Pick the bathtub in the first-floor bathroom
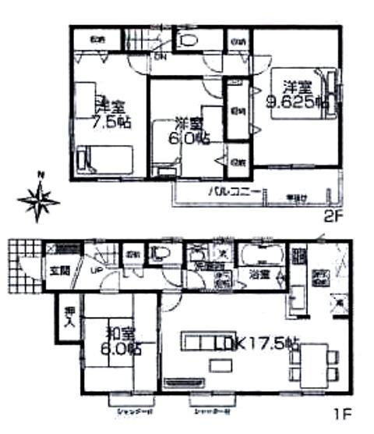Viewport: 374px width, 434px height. coord(261,255)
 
